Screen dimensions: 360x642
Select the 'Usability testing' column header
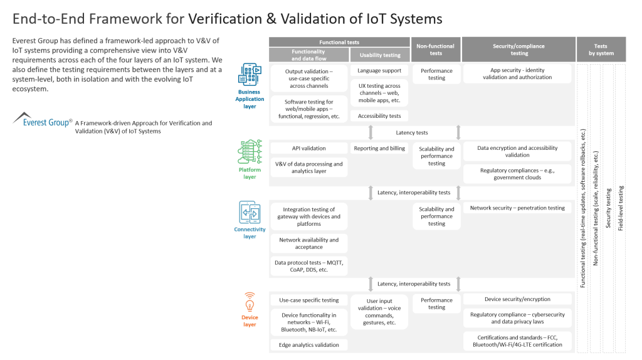(x=379, y=55)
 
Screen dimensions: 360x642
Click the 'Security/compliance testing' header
(x=518, y=49)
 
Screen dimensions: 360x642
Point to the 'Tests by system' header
(x=600, y=49)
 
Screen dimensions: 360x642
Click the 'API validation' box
(x=308, y=149)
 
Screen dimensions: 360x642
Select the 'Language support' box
(x=379, y=71)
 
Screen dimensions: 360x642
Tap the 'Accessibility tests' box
(x=379, y=116)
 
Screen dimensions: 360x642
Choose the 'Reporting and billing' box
(x=379, y=149)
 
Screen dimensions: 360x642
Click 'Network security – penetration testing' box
(x=517, y=208)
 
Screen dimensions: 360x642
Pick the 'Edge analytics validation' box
(x=308, y=345)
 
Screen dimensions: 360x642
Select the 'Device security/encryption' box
(x=517, y=299)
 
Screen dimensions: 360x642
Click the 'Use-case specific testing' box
(x=308, y=300)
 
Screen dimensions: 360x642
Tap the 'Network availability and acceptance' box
(x=308, y=243)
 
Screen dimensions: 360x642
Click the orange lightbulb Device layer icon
(x=250, y=302)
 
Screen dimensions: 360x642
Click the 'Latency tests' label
(x=412, y=132)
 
